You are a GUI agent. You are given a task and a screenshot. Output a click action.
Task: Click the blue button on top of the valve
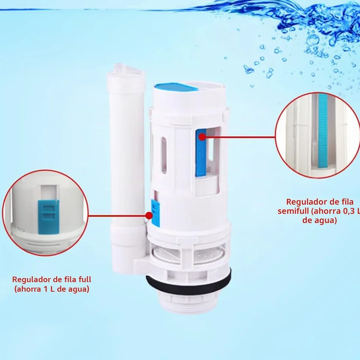175,87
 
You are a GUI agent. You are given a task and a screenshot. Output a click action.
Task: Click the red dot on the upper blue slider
202,137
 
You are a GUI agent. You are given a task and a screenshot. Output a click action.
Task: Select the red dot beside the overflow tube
149,216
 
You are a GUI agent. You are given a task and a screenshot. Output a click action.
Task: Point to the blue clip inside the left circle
48,217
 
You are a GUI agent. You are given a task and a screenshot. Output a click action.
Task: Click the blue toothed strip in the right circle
323,131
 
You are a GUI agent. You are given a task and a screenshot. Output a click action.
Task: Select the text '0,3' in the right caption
349,211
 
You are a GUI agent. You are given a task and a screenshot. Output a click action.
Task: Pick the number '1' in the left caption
46,289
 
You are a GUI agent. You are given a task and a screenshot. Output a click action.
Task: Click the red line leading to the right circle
240,137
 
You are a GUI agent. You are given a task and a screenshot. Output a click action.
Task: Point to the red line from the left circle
117,216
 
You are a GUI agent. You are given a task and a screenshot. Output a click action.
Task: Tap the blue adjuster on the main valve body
201,153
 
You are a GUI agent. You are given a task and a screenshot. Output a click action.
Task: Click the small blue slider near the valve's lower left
155,213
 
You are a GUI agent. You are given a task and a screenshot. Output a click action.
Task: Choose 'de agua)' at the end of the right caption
319,220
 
